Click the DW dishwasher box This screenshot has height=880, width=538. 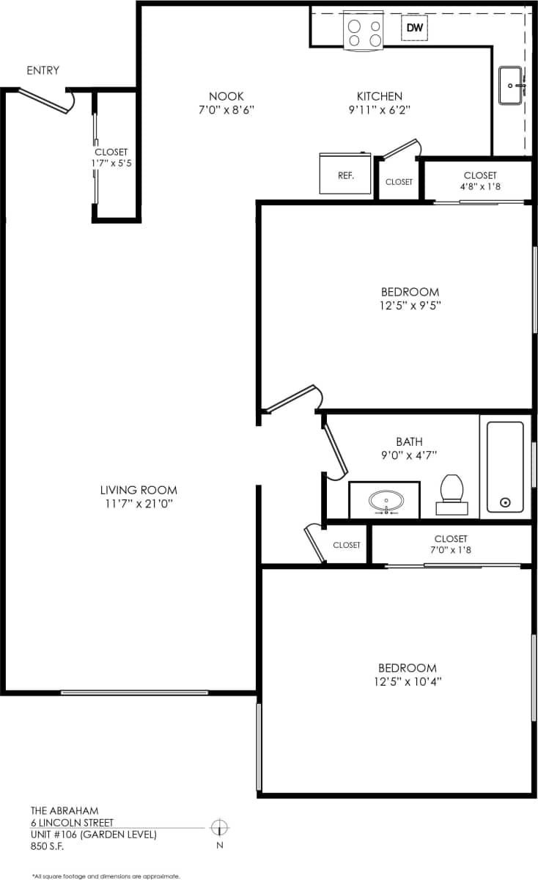point(415,29)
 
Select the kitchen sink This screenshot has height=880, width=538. point(512,86)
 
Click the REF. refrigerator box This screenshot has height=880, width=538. point(346,175)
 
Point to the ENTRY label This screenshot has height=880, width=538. point(43,70)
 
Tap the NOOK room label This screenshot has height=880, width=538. point(226,96)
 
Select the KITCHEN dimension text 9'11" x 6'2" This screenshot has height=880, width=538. point(380,111)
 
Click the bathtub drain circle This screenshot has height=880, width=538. point(505,502)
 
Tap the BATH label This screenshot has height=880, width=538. point(409,441)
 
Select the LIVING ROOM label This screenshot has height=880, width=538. point(139,490)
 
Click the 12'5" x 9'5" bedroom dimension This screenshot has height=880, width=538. point(410,306)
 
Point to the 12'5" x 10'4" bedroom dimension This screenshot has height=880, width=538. point(407,682)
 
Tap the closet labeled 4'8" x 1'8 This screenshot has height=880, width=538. point(480,181)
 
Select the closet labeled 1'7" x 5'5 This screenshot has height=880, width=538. point(111,158)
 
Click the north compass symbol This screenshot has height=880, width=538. point(218,828)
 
